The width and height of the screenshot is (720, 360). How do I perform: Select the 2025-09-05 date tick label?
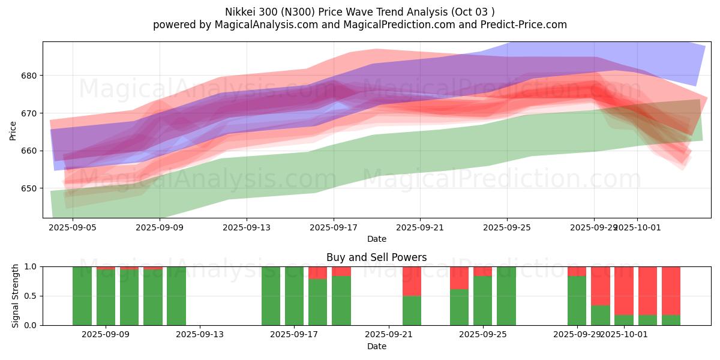click(73, 227)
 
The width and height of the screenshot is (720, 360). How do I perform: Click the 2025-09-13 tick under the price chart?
click(247, 227)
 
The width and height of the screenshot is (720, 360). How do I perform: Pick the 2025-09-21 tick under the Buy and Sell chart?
click(388, 335)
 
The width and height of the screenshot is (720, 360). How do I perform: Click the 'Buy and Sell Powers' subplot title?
click(376, 257)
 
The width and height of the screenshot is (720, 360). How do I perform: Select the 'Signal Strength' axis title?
click(16, 296)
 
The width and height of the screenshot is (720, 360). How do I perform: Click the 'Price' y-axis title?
click(13, 130)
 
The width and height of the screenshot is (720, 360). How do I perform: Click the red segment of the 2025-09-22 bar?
click(412, 281)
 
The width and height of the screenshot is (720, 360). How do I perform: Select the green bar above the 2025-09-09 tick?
click(106, 298)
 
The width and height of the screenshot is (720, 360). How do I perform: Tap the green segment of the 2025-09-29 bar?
click(577, 301)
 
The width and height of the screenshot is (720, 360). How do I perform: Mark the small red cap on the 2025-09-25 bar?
click(482, 271)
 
